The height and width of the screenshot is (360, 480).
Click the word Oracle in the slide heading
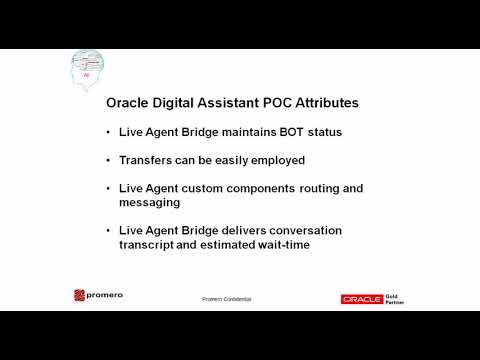point(130,102)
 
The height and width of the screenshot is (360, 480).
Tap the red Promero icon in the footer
point(80,296)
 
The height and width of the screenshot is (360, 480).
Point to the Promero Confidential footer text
point(226,299)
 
